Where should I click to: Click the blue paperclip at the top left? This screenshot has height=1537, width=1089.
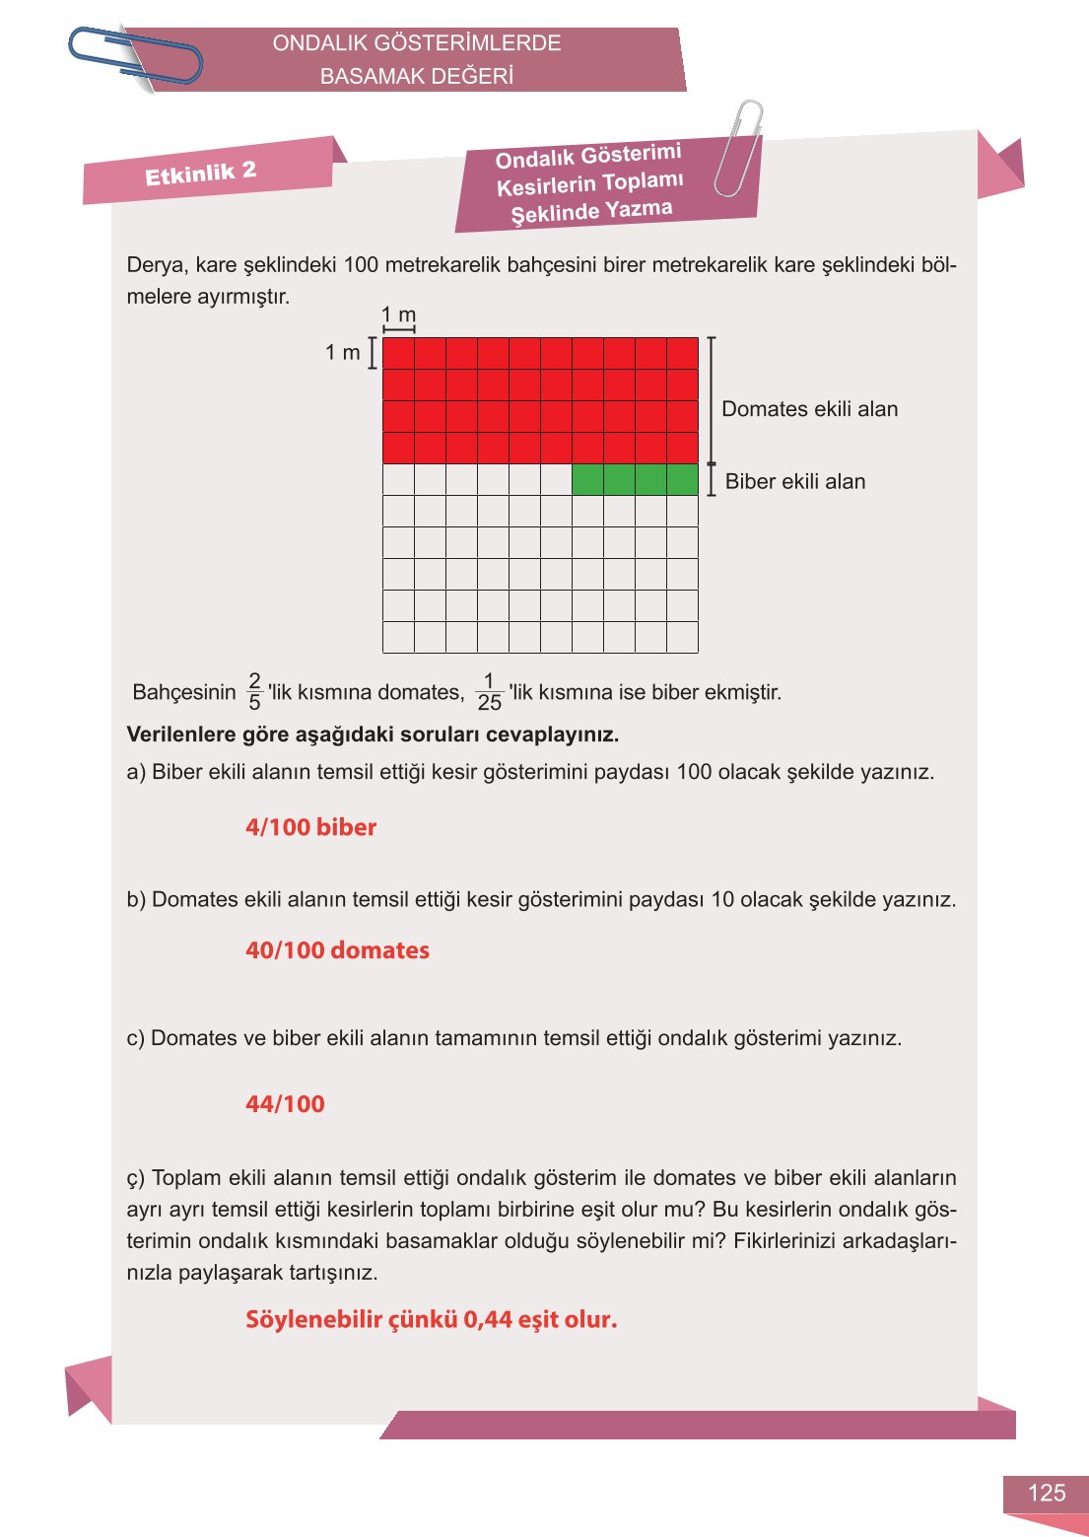[135, 55]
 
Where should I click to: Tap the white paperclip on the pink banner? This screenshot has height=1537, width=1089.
[738, 148]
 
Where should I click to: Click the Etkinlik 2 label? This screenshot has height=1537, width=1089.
[200, 173]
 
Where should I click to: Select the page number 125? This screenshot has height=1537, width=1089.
[1046, 1493]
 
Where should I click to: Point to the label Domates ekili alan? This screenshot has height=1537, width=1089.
[809, 409]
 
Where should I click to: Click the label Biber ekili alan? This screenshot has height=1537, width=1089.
[794, 482]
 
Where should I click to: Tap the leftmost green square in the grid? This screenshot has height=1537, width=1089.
[587, 480]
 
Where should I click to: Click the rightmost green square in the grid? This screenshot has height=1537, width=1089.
[682, 480]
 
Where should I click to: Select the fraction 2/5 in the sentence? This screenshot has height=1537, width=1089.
[254, 692]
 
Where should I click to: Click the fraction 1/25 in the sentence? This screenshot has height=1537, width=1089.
[489, 692]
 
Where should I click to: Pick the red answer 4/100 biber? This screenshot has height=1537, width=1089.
[310, 827]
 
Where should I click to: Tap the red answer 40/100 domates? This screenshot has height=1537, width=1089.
[337, 950]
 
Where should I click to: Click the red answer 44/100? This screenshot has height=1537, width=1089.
[285, 1104]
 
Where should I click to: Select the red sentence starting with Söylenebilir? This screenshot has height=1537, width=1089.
[431, 1319]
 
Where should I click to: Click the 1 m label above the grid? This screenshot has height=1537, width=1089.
[398, 314]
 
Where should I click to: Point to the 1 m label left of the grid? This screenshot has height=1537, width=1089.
[342, 352]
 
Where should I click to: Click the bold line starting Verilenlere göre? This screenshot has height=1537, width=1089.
[373, 734]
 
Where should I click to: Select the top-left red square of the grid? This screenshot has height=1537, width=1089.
[398, 353]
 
